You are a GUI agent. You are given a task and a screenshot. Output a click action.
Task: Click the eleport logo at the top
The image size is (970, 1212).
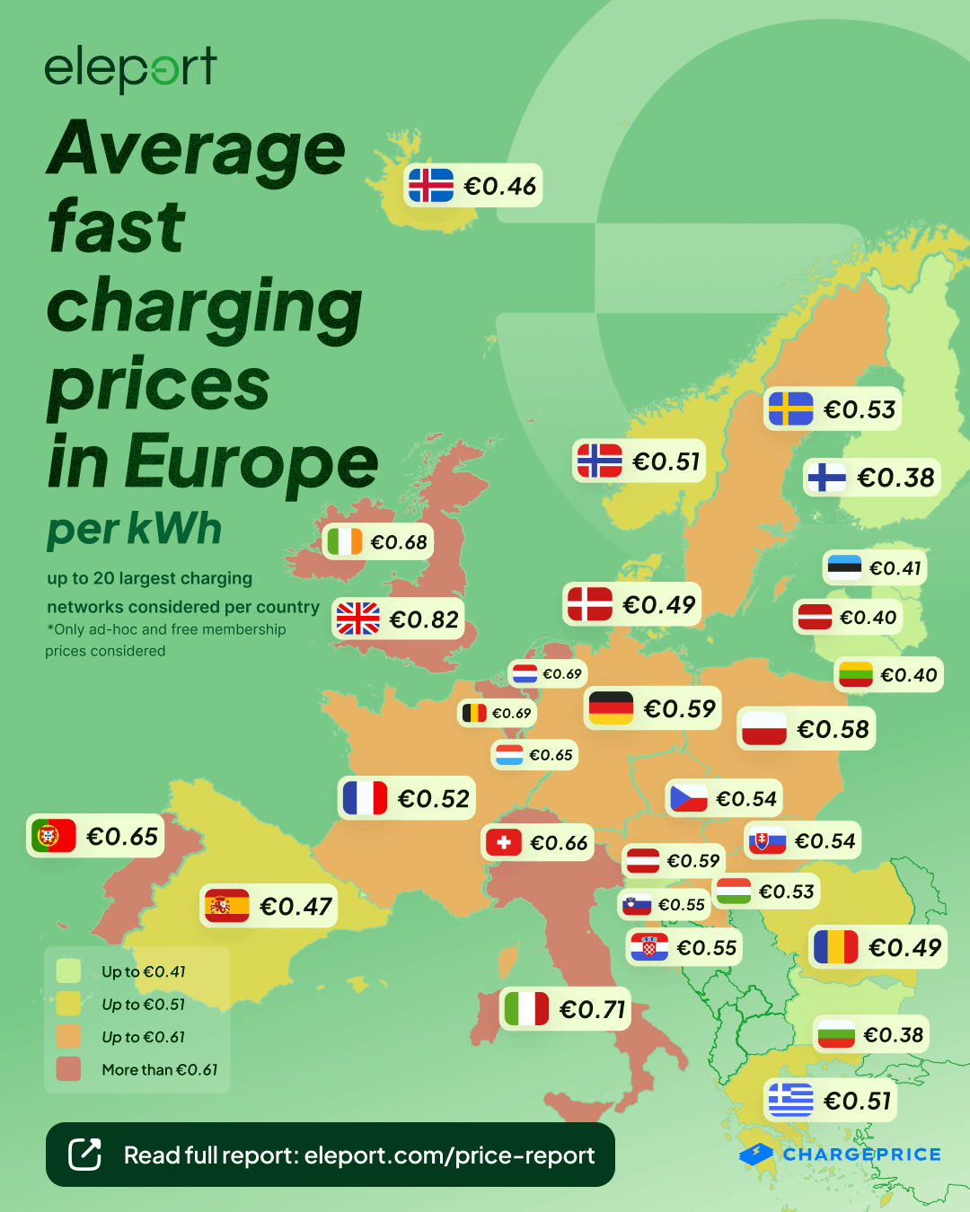coord(130,68)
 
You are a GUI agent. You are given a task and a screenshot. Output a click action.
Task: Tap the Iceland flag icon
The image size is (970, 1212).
coord(431,186)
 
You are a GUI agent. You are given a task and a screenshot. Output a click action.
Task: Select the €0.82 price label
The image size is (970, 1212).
coord(424,619)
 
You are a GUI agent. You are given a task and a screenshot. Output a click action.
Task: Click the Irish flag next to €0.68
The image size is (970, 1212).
coord(345,542)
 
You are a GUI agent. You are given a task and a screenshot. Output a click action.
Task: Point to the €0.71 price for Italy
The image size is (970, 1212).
coord(592,1010)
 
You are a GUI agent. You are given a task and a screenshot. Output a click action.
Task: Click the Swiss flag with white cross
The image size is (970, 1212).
coord(504,842)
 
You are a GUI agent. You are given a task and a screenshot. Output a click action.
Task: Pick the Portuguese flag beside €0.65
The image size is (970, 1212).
coord(54,836)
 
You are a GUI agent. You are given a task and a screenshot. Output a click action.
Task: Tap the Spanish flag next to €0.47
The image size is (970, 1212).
coord(226,906)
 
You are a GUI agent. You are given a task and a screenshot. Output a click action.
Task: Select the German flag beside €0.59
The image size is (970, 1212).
coord(611,708)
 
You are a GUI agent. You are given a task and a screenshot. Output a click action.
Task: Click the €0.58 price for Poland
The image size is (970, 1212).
coord(833,729)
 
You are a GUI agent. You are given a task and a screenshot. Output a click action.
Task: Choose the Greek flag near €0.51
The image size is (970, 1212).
coord(790,1100)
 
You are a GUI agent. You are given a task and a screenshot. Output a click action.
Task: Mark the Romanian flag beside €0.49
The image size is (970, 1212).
coord(835,947)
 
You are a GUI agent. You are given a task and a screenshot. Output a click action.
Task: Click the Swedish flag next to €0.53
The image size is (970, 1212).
coord(790,409)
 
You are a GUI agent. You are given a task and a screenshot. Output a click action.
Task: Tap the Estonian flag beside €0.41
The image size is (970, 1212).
coord(844,567)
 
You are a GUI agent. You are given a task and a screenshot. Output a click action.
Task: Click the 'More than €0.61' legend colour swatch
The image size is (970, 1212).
coord(68,1069)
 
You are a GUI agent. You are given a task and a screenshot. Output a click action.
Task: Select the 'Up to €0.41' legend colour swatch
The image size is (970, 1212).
coord(68,971)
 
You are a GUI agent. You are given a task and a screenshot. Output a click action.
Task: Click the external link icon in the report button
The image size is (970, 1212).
coord(85,1155)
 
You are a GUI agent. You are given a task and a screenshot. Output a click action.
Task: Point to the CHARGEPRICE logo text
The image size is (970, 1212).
coord(861,1155)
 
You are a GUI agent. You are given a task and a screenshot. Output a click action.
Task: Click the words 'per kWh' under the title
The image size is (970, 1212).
coord(135,530)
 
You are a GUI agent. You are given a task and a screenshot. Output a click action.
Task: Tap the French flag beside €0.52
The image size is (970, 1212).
coord(365,798)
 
